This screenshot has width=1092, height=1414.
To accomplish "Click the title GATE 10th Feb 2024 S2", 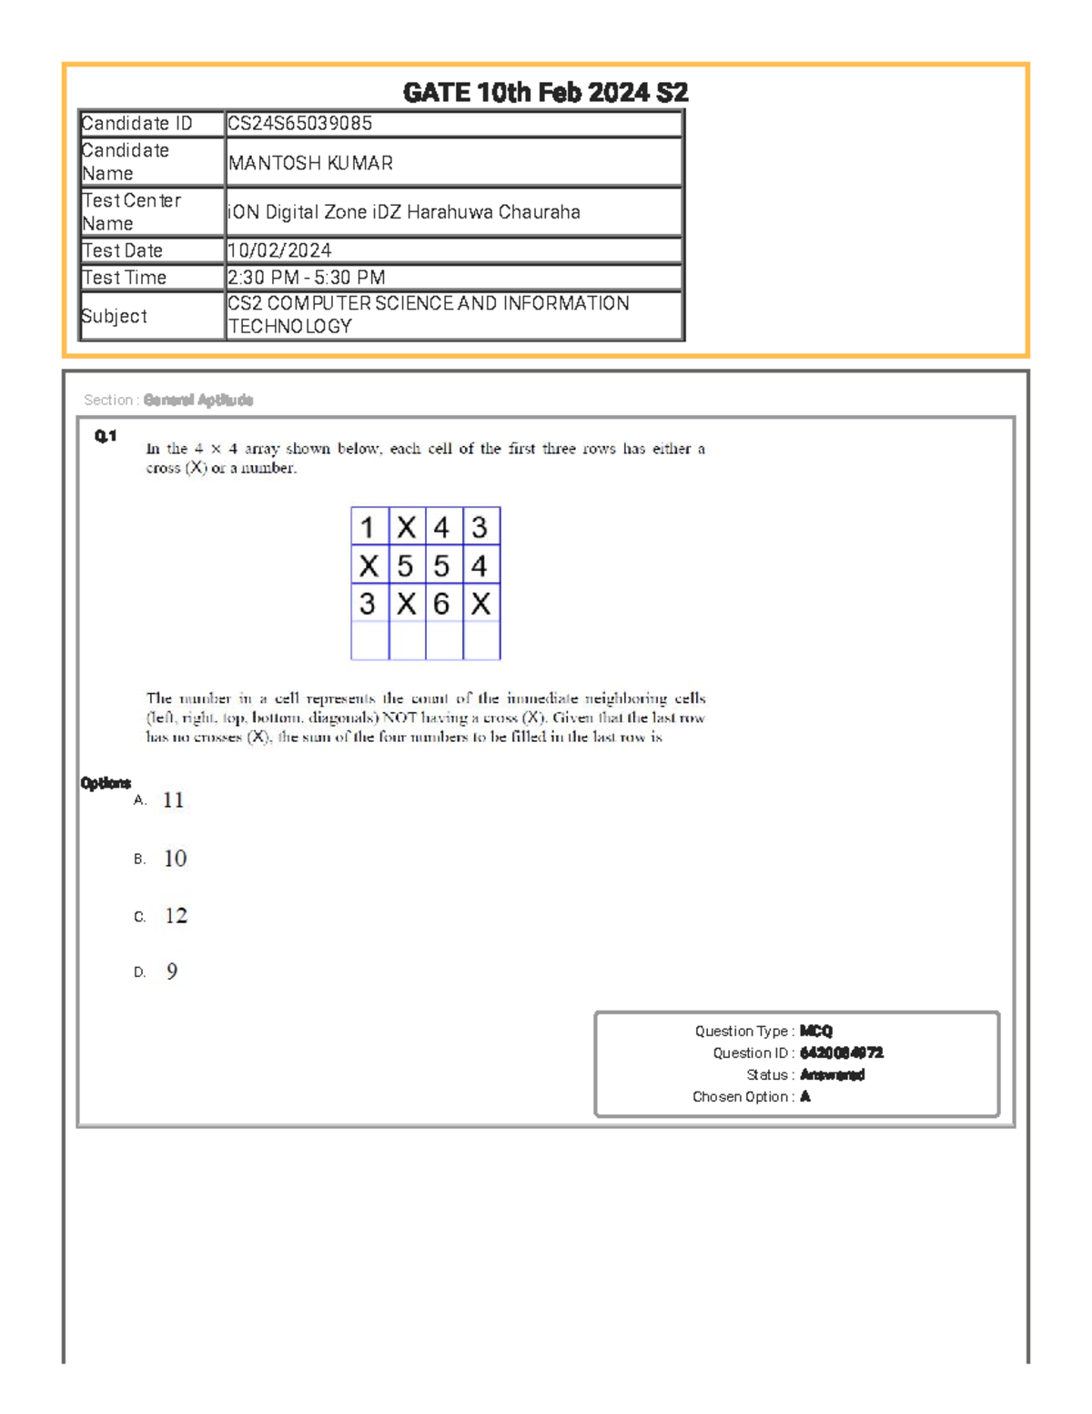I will (x=545, y=93).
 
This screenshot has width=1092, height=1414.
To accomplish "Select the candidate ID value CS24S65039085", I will (x=299, y=124).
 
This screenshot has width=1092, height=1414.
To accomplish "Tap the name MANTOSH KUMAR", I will (x=310, y=163).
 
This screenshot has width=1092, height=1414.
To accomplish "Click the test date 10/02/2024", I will (x=279, y=250).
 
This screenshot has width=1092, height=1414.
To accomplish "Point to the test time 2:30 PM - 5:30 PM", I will (x=307, y=278).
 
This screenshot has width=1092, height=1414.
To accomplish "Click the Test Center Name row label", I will (x=132, y=212).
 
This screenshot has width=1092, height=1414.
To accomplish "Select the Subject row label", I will (x=115, y=316).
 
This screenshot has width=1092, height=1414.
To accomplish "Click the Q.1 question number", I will (x=106, y=436).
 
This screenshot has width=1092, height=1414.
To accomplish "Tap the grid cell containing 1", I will (x=368, y=527).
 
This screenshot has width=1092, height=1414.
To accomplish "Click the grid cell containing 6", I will (x=442, y=604).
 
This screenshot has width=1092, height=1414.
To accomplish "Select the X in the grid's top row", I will (x=406, y=527).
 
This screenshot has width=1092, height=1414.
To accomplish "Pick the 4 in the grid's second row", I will (x=480, y=565).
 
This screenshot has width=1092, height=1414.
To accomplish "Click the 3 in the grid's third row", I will (x=368, y=604).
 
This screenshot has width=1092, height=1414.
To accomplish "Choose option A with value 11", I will (x=173, y=800).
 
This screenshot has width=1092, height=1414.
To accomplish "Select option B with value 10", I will (x=175, y=859).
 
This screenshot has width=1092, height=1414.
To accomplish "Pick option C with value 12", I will (x=176, y=916).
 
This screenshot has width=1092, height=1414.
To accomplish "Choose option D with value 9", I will (x=172, y=971).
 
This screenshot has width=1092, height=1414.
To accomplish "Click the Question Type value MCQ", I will (x=816, y=1032).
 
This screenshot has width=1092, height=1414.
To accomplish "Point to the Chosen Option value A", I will (x=805, y=1097).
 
